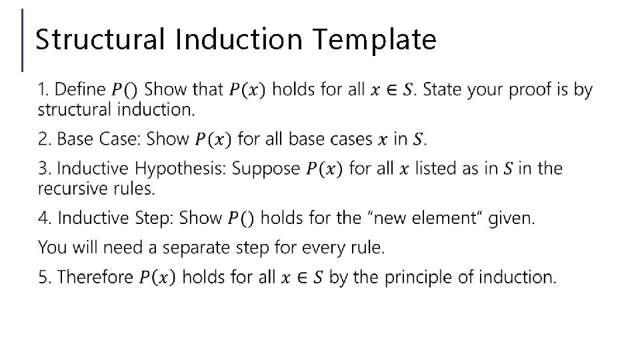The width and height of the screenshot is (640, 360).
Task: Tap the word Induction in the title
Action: coord(242,39)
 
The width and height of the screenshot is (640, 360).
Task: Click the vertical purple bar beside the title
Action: coord(23,40)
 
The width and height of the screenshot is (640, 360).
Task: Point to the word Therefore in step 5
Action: coord(95,277)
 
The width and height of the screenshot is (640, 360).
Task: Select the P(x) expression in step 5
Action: coord(157,277)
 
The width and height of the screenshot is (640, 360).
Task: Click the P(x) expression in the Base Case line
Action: coord(213,139)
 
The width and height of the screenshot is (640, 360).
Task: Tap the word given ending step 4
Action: coord(511,218)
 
